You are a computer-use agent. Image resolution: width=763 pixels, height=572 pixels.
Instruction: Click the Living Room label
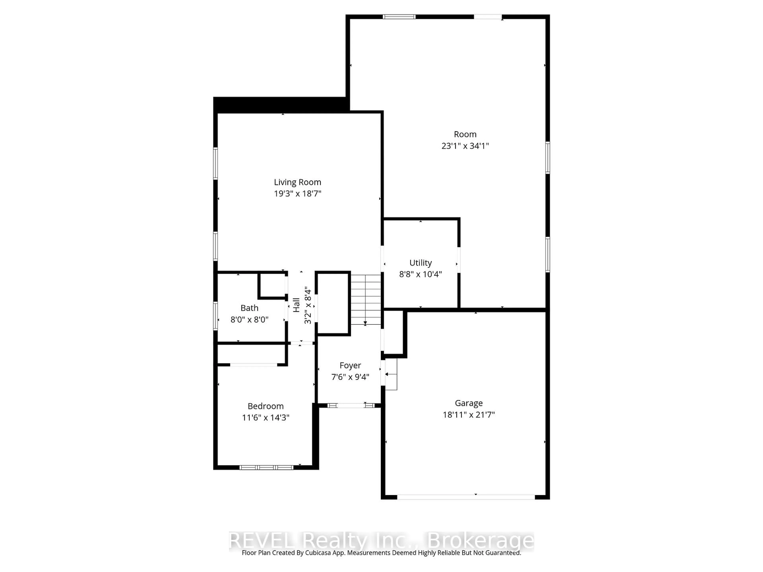pos(297,182)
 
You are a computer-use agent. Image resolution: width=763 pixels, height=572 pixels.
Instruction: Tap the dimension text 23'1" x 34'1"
pos(465,146)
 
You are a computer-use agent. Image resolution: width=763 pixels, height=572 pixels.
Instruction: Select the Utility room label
pos(420,263)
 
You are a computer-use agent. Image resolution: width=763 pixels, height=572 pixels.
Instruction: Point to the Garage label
pos(468,403)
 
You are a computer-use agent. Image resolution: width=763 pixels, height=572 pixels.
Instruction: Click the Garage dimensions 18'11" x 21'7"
pos(468,415)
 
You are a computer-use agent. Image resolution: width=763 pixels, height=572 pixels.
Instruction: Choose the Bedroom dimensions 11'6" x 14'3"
pos(266,417)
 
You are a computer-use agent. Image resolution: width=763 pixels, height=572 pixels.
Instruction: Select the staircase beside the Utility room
pos(366,299)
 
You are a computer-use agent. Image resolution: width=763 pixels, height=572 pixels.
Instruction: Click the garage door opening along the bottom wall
pos(466,497)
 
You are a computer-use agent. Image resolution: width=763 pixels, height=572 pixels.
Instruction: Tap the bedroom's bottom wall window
pos(266,468)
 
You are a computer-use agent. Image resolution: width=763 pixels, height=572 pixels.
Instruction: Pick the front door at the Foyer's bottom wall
pos(351,406)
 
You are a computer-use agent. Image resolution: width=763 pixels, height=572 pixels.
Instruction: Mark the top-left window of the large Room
pos(399,16)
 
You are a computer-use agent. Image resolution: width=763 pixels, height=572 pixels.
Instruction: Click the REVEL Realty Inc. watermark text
pos(381,541)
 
